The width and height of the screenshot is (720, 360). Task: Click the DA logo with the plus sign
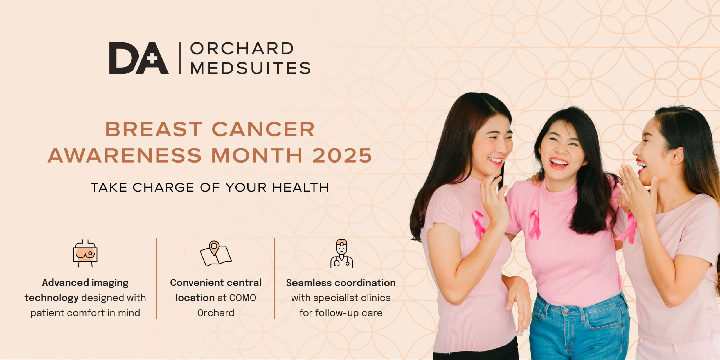(x=139, y=58)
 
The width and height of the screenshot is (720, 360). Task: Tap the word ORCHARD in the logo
(x=242, y=48)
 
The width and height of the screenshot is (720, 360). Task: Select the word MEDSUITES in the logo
(x=250, y=68)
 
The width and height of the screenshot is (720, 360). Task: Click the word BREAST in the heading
(x=154, y=129)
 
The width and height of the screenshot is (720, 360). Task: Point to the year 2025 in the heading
(x=342, y=155)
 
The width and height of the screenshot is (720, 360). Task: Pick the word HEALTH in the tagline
(x=301, y=188)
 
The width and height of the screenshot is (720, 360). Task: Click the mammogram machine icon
(x=85, y=253)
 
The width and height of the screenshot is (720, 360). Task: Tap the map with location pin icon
(x=216, y=253)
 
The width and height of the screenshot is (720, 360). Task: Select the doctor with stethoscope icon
(x=342, y=253)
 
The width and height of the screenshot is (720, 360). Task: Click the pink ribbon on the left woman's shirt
(x=478, y=224)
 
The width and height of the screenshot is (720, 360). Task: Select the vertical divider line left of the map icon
(x=156, y=278)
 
